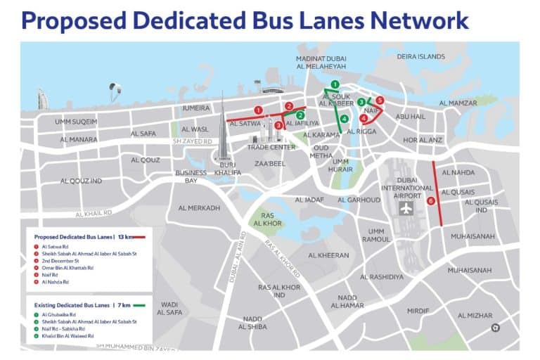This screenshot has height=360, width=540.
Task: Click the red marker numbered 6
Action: click(x=430, y=200)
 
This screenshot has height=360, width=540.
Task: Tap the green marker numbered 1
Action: click(x=335, y=85)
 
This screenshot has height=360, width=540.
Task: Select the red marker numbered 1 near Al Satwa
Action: click(x=259, y=110)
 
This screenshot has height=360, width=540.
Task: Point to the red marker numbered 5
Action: click(x=380, y=101)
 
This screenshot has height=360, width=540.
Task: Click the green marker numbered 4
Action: click(x=344, y=118)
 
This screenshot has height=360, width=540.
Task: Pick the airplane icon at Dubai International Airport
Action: click(x=405, y=209)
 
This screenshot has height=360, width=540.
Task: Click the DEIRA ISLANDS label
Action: click(x=421, y=56)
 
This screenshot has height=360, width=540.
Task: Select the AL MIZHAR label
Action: click(x=475, y=316)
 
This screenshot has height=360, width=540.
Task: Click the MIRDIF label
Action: click(x=418, y=310)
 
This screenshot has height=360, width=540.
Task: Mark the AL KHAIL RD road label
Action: click(x=92, y=212)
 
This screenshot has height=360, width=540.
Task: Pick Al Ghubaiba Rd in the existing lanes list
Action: click(x=58, y=314)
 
